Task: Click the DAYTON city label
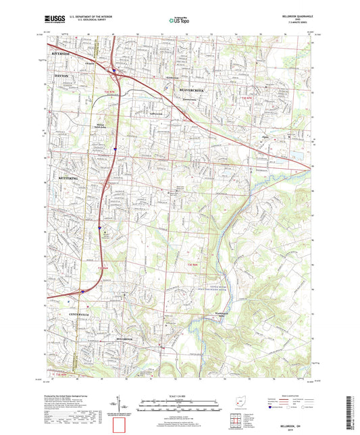click(x=61, y=76)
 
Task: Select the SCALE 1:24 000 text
click(x=180, y=396)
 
